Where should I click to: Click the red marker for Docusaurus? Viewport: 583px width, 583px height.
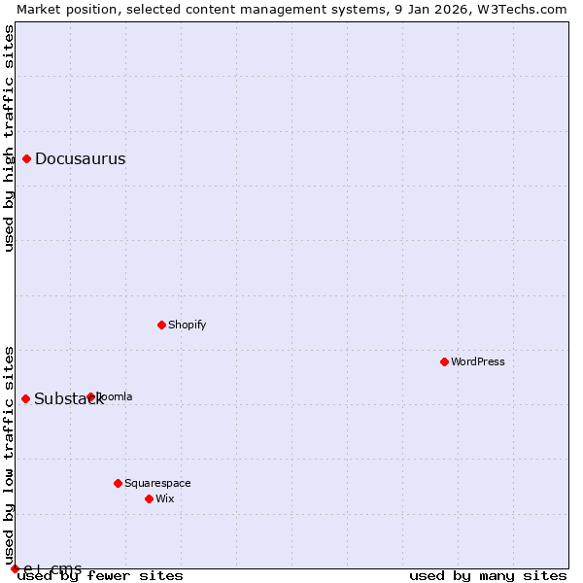click(27, 159)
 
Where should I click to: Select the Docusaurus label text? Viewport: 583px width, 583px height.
click(80, 159)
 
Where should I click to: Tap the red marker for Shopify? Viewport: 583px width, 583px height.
click(161, 325)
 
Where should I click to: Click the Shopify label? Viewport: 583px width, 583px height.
click(187, 325)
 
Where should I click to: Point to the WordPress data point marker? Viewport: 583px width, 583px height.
click(444, 361)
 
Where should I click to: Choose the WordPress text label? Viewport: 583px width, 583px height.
click(477, 361)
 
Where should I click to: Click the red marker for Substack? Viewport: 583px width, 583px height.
click(26, 398)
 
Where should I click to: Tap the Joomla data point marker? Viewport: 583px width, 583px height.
click(90, 396)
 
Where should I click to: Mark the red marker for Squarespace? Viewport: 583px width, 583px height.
click(118, 483)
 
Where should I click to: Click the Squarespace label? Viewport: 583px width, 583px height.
click(157, 483)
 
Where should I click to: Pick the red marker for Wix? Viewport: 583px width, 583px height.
click(149, 498)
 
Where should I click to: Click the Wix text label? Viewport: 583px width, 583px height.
click(165, 498)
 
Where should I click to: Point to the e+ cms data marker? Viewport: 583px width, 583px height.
click(16, 568)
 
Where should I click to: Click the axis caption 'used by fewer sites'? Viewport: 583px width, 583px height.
click(100, 576)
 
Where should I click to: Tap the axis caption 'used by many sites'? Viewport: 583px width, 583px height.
click(488, 576)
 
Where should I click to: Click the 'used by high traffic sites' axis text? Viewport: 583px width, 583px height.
click(9, 138)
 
